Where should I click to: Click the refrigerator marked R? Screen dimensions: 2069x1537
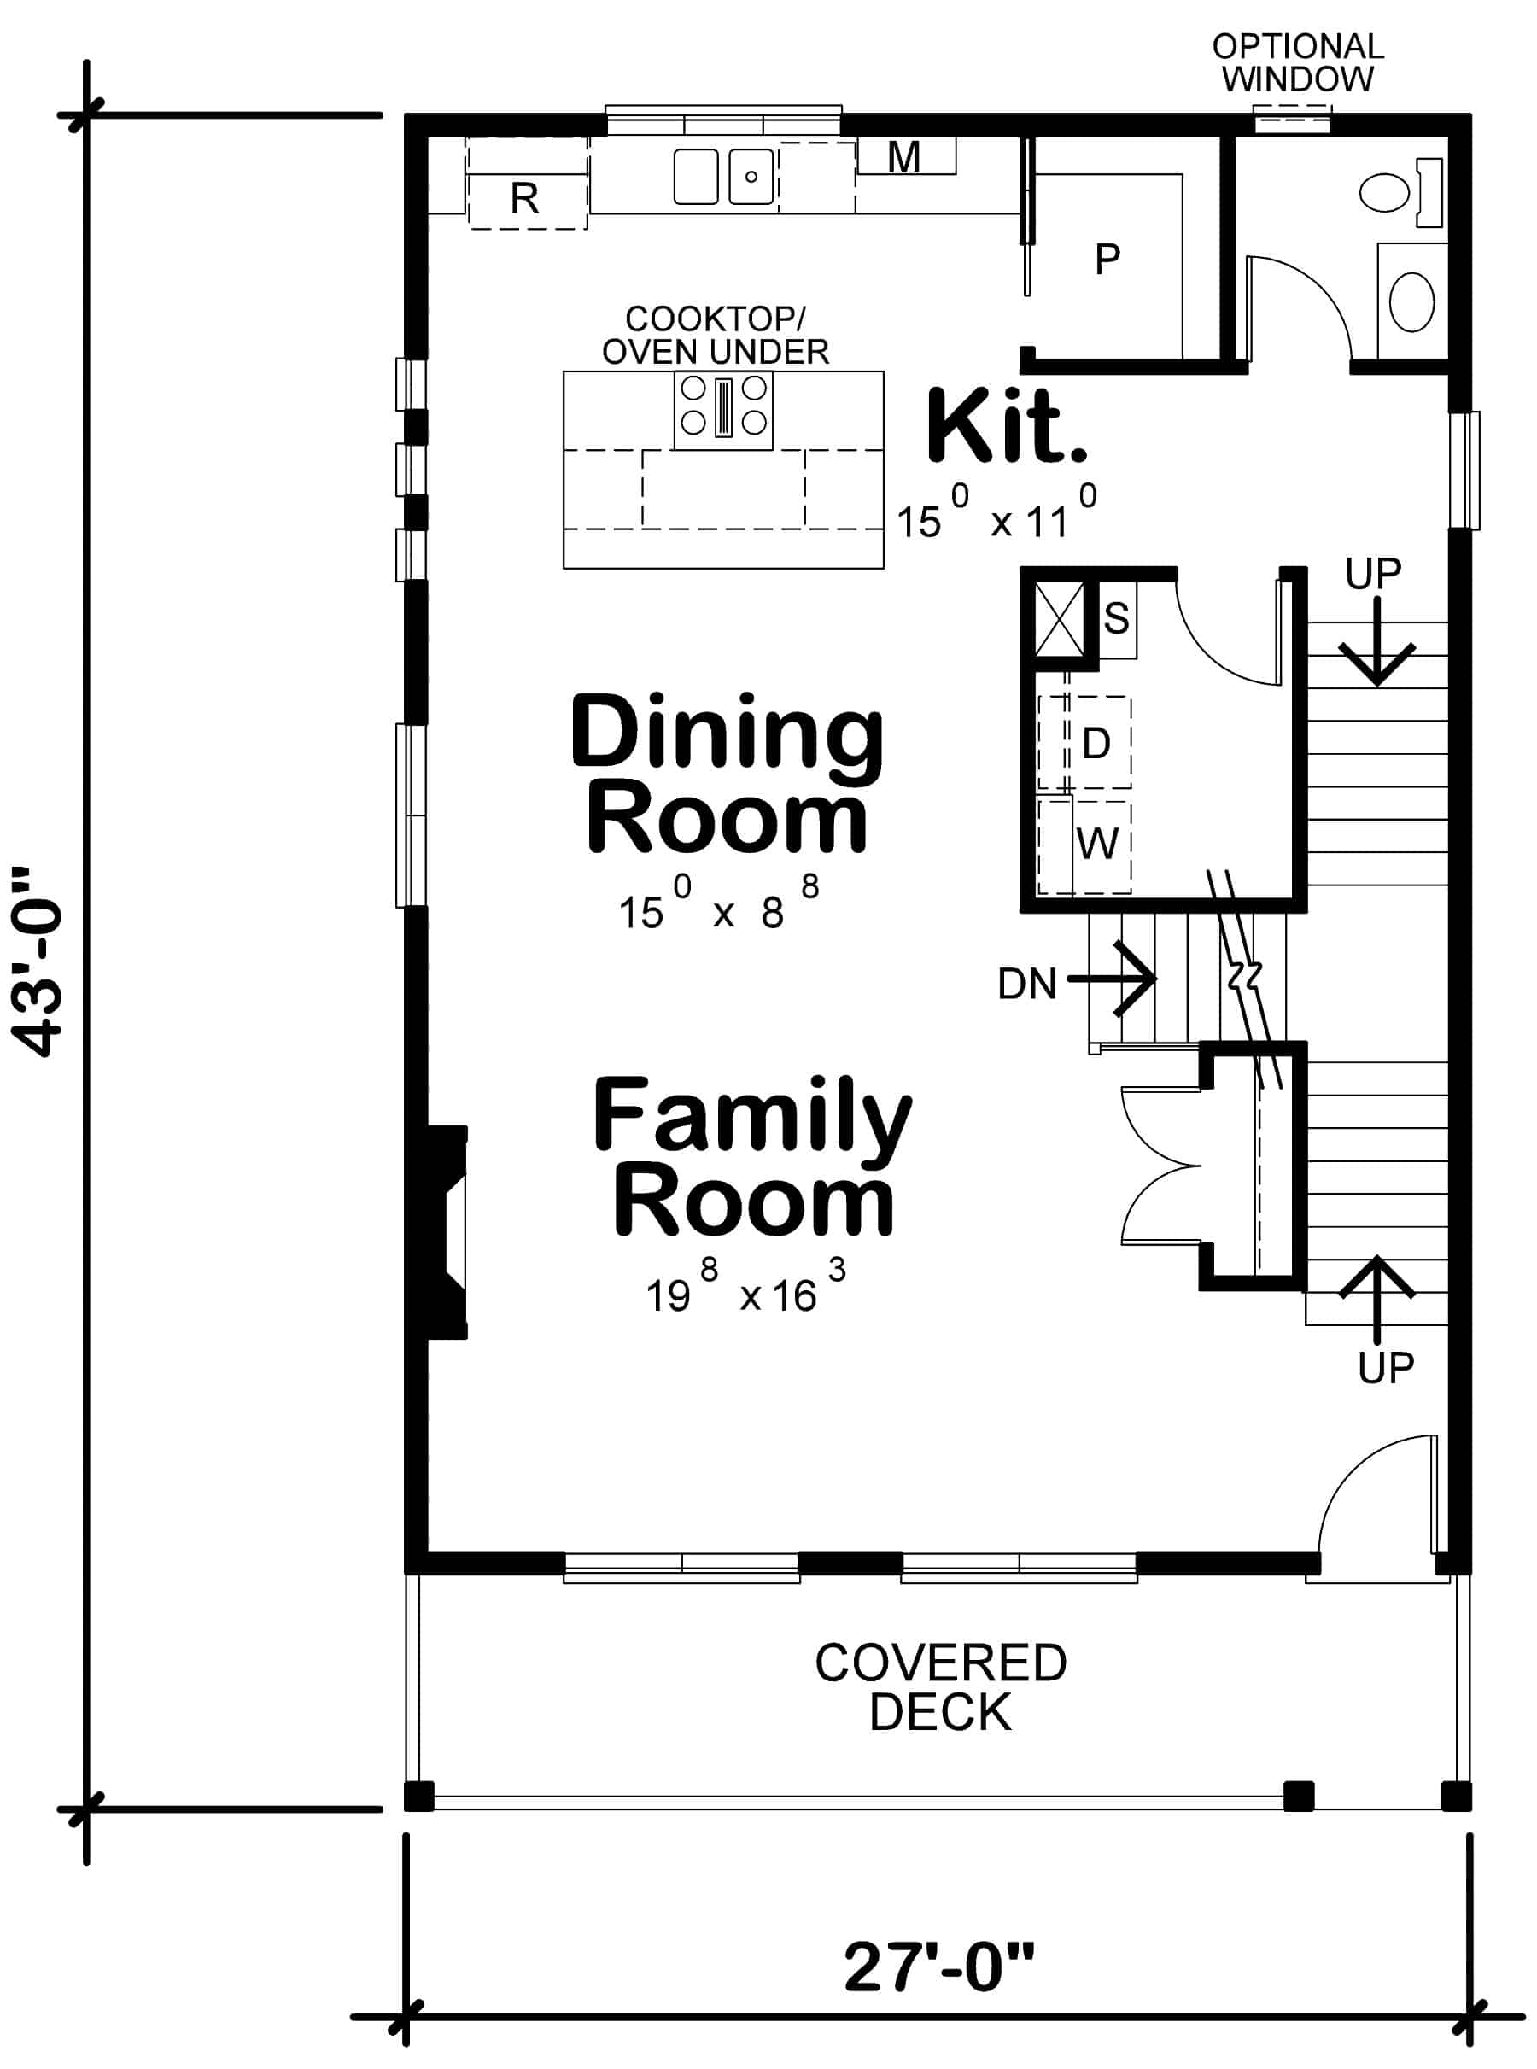527,197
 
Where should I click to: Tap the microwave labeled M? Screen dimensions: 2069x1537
904,157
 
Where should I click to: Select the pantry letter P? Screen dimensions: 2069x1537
1107,259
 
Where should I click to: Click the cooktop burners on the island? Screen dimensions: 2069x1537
724,406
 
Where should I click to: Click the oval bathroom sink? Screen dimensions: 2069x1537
1411,301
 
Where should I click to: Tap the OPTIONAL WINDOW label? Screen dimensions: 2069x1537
1297,62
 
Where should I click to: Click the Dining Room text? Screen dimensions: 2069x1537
726,775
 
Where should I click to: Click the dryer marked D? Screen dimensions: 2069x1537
1097,743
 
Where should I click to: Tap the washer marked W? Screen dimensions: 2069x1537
1098,844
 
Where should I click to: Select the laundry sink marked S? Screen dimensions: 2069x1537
1117,617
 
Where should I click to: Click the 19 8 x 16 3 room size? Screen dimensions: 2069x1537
745,1292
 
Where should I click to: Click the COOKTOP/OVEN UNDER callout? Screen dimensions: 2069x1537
715,335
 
